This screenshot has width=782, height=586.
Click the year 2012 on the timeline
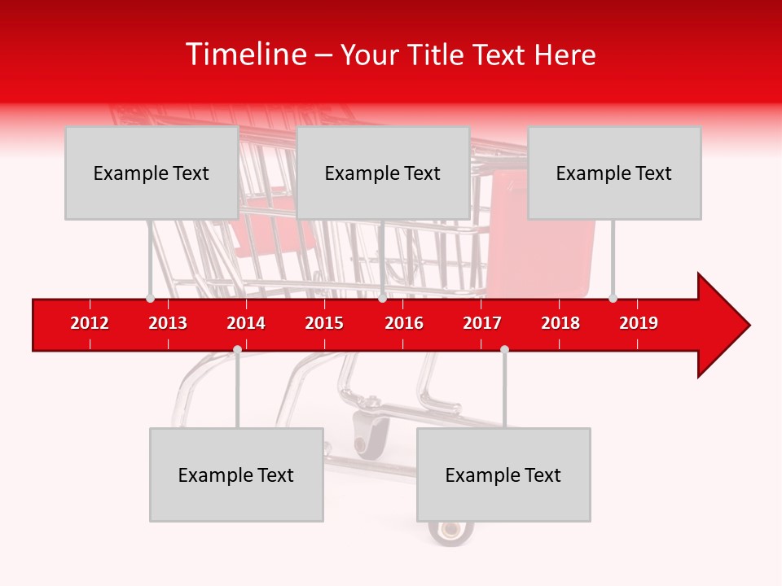click(90, 323)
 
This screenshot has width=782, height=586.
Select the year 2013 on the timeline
click(168, 323)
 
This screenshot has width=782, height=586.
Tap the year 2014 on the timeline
click(246, 323)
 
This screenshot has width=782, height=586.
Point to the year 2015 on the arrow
click(324, 323)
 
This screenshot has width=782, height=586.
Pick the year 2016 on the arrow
click(404, 323)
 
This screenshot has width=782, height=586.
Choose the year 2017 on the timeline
click(482, 323)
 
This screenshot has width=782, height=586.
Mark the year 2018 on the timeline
click(560, 323)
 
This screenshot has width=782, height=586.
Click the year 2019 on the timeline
click(639, 323)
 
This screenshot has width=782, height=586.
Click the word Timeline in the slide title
click(244, 55)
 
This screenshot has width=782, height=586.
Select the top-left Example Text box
click(152, 173)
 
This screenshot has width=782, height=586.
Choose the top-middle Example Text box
click(383, 173)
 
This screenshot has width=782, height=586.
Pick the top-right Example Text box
click(614, 173)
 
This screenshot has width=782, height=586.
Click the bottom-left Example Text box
click(236, 474)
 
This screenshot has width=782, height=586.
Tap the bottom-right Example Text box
click(503, 474)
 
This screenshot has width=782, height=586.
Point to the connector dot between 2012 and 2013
click(150, 298)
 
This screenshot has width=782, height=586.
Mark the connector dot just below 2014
click(237, 349)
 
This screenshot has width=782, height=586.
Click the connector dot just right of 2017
click(504, 349)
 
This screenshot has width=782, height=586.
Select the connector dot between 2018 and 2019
click(613, 298)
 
